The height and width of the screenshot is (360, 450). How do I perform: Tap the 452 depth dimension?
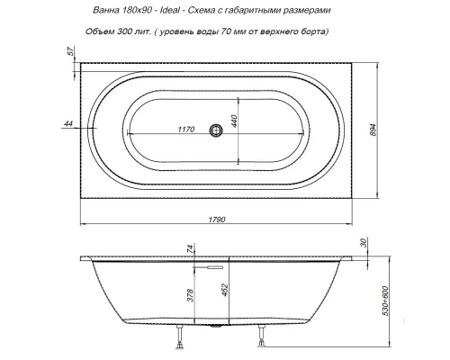pos(229,291)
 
